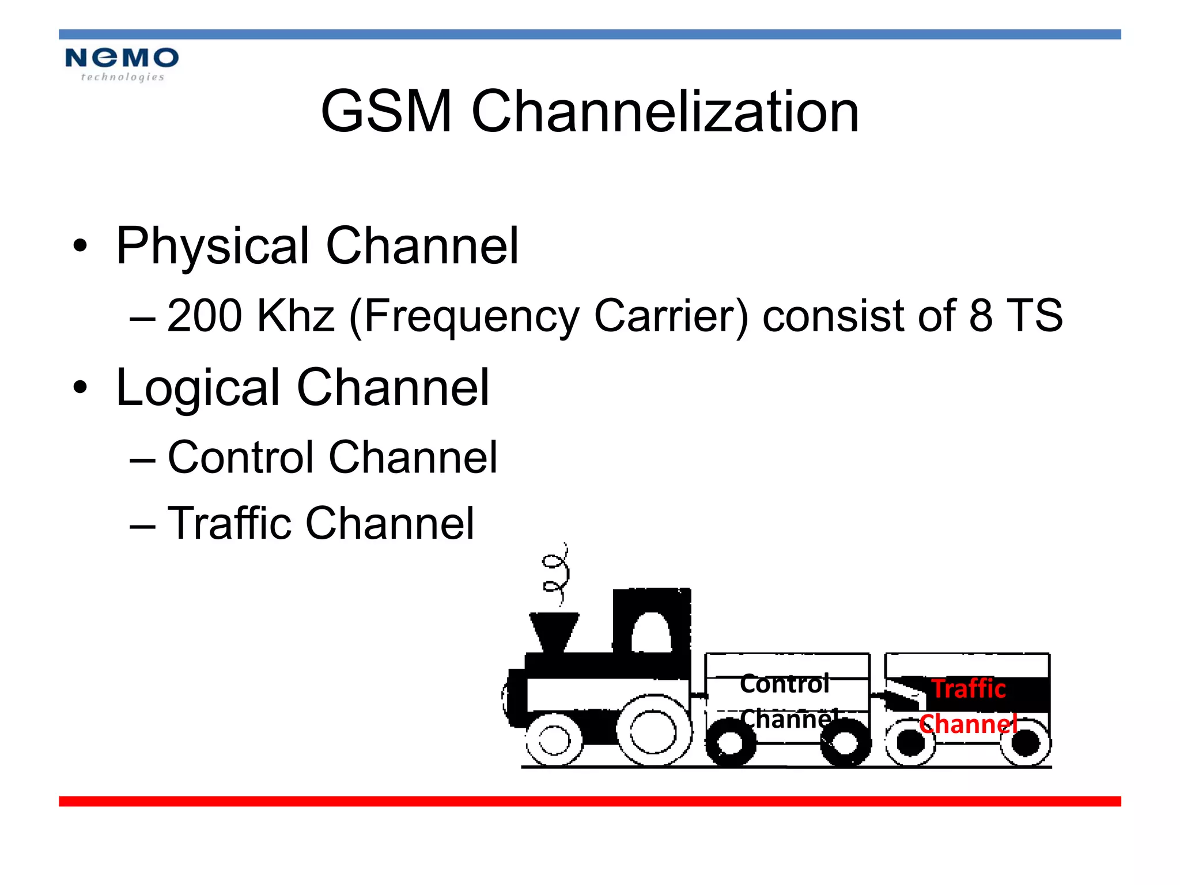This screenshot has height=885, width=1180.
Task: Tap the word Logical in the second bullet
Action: click(198, 388)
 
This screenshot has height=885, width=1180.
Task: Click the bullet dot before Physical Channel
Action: click(80, 247)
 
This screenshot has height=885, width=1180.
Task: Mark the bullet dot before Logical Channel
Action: click(80, 387)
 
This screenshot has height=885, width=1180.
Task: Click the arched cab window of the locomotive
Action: click(651, 633)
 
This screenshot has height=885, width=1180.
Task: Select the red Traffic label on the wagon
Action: click(969, 689)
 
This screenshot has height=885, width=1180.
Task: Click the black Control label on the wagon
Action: click(785, 684)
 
